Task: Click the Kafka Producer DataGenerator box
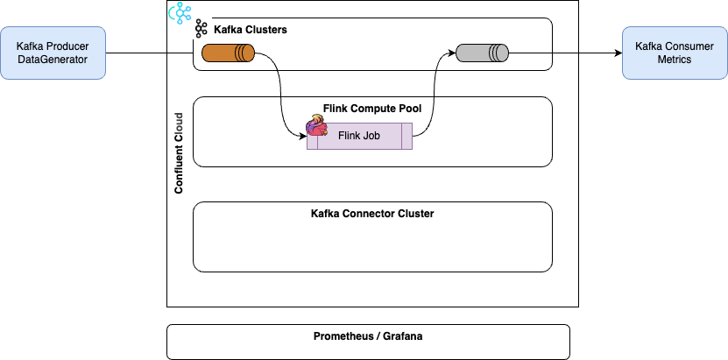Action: (53, 52)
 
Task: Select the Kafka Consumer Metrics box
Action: (674, 52)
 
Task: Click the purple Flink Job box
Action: (358, 136)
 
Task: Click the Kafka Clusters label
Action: (251, 30)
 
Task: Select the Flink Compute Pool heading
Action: (372, 109)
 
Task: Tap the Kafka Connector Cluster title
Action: (372, 213)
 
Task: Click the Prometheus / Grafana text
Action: (368, 336)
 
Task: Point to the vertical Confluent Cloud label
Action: (179, 152)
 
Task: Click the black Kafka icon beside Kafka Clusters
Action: (201, 29)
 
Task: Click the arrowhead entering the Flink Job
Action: (303, 136)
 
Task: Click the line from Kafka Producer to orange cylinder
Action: (180, 53)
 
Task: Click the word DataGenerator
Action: (53, 59)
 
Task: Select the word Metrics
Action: (674, 59)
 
